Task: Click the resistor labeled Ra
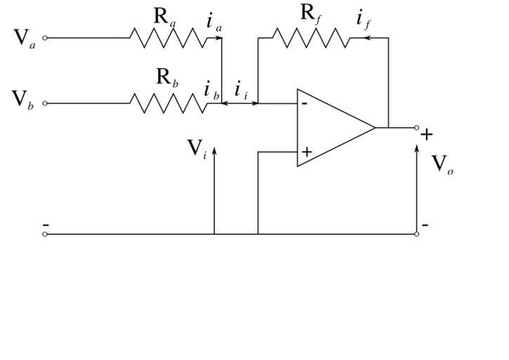(169, 38)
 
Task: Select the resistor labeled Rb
(169, 103)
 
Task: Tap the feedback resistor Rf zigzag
(310, 38)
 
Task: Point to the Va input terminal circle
(46, 38)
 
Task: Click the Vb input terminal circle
(46, 103)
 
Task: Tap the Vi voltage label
(196, 149)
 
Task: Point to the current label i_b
(211, 90)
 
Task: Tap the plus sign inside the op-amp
(307, 151)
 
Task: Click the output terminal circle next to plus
(417, 128)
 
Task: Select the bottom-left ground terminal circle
(46, 234)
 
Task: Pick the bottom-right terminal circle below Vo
(417, 234)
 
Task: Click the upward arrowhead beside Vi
(214, 150)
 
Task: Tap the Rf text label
(310, 13)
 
